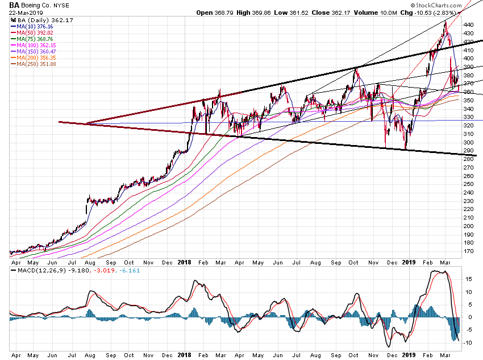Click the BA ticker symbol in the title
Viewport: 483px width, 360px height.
14,5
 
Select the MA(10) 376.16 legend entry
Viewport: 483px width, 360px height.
35,26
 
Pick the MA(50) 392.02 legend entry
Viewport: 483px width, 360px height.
35,32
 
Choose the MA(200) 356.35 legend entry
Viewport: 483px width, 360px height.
37,57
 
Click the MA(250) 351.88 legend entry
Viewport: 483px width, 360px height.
37,64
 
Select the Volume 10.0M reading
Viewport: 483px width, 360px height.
363,12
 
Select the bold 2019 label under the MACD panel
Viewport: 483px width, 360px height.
408,353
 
